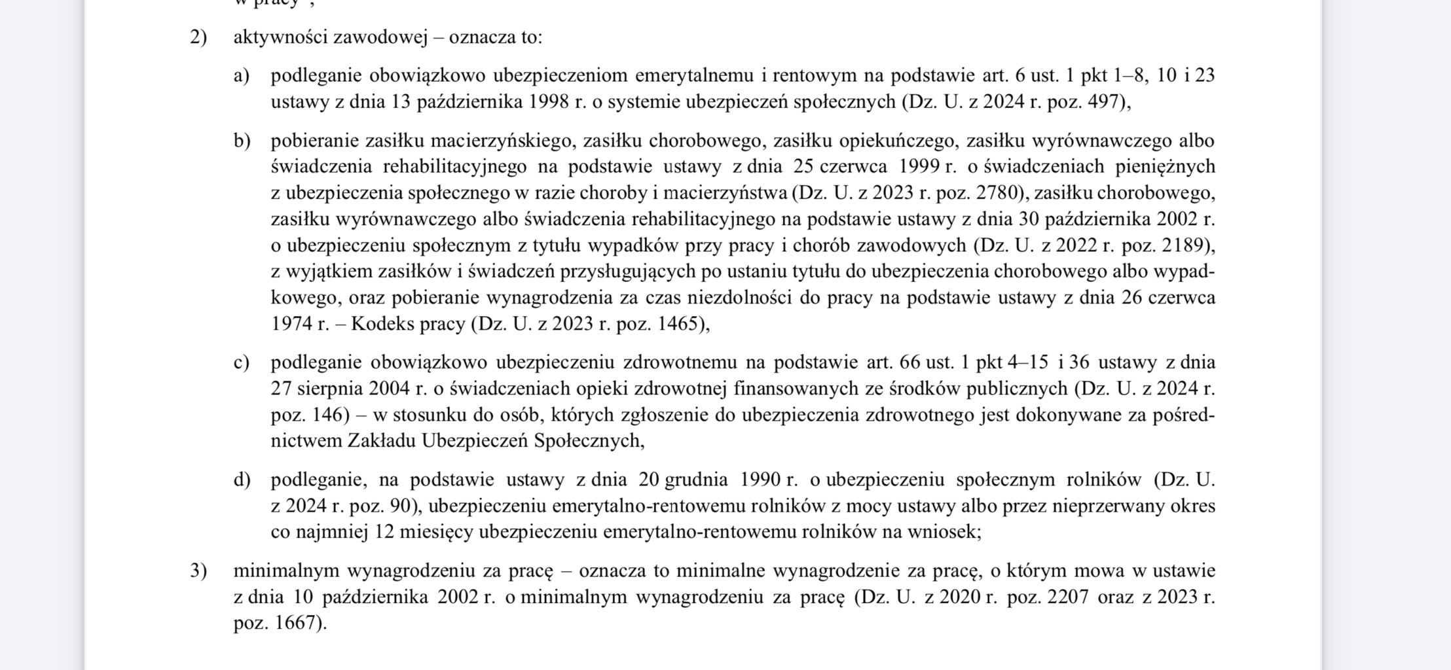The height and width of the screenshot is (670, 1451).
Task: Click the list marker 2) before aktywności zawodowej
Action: coord(198,37)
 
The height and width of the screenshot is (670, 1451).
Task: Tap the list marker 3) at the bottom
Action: coord(198,571)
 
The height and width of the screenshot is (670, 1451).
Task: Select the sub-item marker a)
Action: coord(242,76)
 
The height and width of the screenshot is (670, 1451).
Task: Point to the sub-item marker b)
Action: coord(242,141)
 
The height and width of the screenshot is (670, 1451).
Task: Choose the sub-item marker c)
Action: coord(242,362)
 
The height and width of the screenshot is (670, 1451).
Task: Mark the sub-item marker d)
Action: coord(242,480)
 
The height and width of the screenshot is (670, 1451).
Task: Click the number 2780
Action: coord(997,193)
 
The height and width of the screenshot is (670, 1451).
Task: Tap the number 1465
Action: coord(681,324)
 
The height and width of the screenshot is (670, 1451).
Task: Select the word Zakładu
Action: coord(381,441)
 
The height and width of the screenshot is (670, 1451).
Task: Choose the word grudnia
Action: coord(696,480)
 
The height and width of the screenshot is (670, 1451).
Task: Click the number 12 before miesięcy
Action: coord(384,532)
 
